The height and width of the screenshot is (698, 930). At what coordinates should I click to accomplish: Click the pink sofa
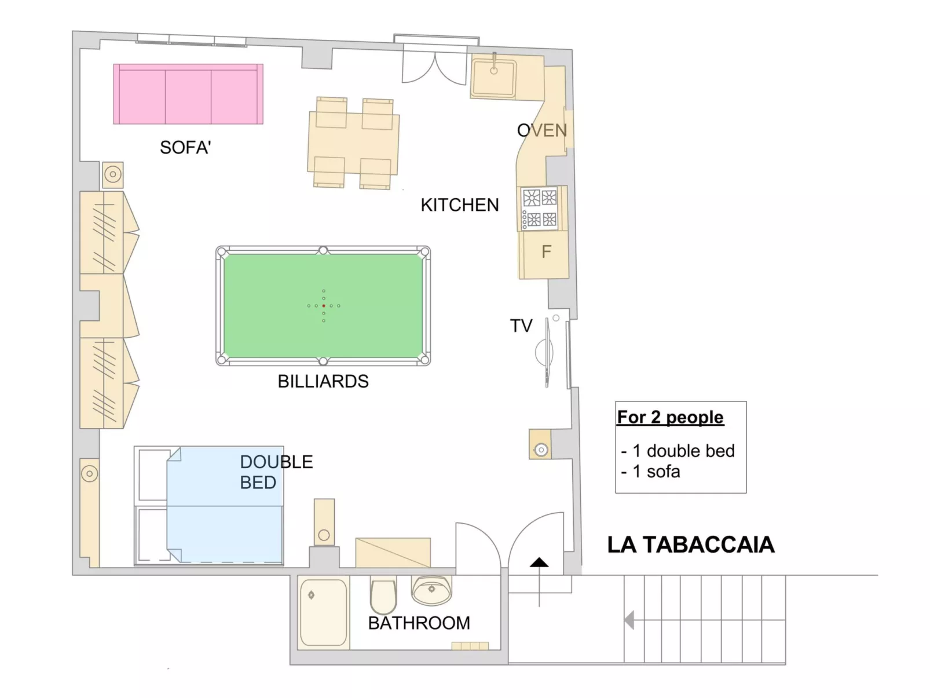pyautogui.click(x=188, y=94)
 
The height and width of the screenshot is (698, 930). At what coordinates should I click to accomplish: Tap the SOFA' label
pyautogui.click(x=185, y=148)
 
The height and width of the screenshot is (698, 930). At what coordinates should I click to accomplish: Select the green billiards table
pyautogui.click(x=323, y=306)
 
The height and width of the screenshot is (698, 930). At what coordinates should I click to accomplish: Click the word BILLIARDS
pyautogui.click(x=323, y=381)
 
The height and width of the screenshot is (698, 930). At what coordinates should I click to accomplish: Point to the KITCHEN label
pyautogui.click(x=459, y=205)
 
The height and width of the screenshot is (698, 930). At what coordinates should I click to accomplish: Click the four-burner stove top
pyautogui.click(x=540, y=209)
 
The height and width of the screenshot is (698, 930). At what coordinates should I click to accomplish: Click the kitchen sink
pyautogui.click(x=493, y=77)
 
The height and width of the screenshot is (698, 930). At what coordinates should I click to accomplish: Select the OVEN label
pyautogui.click(x=541, y=131)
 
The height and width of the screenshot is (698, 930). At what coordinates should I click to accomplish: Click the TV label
pyautogui.click(x=521, y=326)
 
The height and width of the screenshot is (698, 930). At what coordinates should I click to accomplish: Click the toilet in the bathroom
pyautogui.click(x=383, y=596)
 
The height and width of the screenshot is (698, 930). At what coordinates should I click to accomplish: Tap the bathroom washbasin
pyautogui.click(x=431, y=590)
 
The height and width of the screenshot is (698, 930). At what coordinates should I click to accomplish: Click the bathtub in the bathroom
pyautogui.click(x=324, y=613)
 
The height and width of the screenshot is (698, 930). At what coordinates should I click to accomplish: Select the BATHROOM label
pyautogui.click(x=419, y=623)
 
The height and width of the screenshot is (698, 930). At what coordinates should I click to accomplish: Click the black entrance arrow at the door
pyautogui.click(x=539, y=562)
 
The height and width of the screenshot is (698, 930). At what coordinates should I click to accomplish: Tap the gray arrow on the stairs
pyautogui.click(x=629, y=620)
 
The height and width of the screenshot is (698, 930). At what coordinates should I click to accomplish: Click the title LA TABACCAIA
pyautogui.click(x=690, y=545)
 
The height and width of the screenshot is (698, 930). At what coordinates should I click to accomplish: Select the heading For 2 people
pyautogui.click(x=670, y=417)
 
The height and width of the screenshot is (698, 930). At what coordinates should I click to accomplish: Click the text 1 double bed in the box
pyautogui.click(x=683, y=451)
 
